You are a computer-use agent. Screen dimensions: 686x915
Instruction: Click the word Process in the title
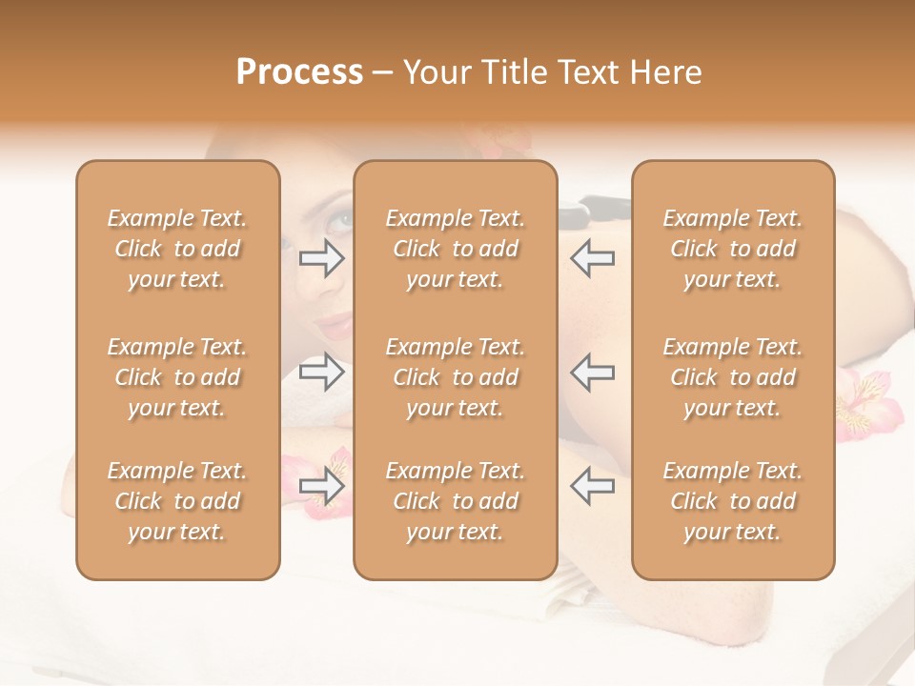pyautogui.click(x=299, y=71)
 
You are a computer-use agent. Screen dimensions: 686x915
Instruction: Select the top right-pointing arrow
pyautogui.click(x=321, y=258)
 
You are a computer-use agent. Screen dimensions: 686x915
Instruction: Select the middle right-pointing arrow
pyautogui.click(x=321, y=373)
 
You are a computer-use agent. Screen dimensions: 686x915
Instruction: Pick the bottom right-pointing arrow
pyautogui.click(x=321, y=487)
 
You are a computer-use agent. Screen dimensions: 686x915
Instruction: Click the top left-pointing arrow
pyautogui.click(x=593, y=258)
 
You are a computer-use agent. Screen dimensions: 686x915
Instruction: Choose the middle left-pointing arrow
pyautogui.click(x=593, y=373)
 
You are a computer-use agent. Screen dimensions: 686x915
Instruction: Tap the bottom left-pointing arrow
pyautogui.click(x=593, y=487)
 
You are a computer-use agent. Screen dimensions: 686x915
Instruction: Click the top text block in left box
pyautogui.click(x=177, y=249)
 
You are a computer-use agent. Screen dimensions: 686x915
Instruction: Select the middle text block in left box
pyautogui.click(x=177, y=377)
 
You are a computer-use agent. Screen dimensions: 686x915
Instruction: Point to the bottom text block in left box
pyautogui.click(x=177, y=501)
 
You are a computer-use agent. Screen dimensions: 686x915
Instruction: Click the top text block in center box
pyautogui.click(x=455, y=249)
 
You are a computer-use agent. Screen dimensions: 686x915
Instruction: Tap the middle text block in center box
pyautogui.click(x=455, y=377)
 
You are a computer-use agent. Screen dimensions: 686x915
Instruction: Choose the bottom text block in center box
pyautogui.click(x=455, y=501)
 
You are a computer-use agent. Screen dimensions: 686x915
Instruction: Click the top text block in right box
pyautogui.click(x=732, y=249)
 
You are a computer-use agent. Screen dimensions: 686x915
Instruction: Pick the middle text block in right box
pyautogui.click(x=732, y=377)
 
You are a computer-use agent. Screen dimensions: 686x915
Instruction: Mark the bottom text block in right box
pyautogui.click(x=732, y=501)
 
